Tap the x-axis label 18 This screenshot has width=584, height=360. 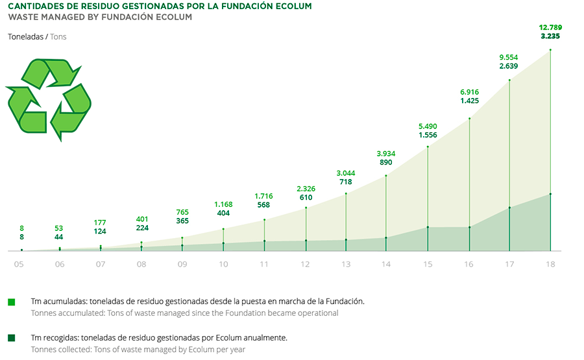[550, 264]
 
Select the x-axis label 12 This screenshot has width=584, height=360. [306, 264]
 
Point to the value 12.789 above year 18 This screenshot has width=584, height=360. [550, 27]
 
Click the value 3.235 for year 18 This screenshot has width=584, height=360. [550, 37]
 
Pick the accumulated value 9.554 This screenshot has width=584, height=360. [509, 57]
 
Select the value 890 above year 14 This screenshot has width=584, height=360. [387, 163]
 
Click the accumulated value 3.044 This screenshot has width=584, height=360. [347, 173]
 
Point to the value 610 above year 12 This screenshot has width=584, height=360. [306, 197]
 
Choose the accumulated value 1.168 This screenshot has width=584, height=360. [224, 204]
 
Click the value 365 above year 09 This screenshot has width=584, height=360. [183, 221]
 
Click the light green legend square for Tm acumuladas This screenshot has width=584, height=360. [11, 302]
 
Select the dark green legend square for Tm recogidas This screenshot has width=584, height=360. [11, 338]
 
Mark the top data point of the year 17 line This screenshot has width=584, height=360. [509, 80]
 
